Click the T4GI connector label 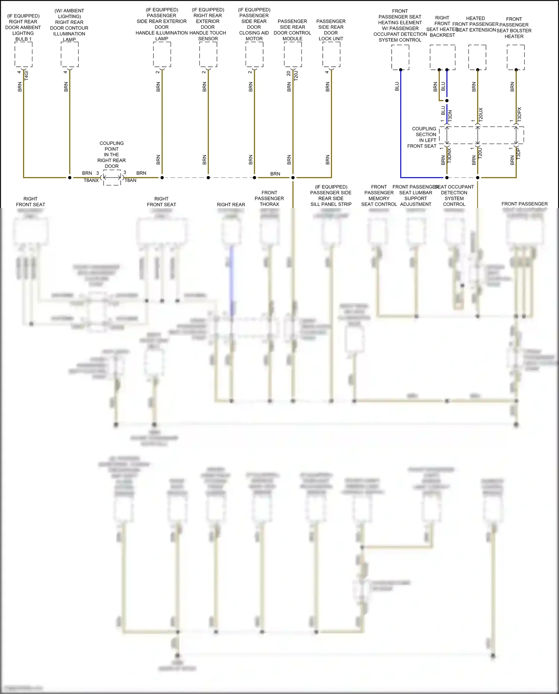pos(26,75)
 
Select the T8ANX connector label pos(91,180)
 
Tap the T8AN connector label pos(130,180)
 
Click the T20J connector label pos(296,76)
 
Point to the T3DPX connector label pos(519,114)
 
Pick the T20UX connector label pos(481,114)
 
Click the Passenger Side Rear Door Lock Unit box pos(331,54)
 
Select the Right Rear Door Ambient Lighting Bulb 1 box pos(23,54)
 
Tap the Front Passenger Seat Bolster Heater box pos(516,57)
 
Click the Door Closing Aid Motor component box pos(255,54)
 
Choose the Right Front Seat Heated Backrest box pos(443,57)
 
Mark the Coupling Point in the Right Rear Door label pos(111,155)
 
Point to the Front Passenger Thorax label pos(269,198)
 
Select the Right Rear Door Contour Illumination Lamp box pos(70,54)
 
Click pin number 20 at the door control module pos(288,73)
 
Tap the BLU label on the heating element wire pos(397,87)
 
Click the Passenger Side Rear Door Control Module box pos(293,54)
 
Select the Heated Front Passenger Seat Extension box pos(477,57)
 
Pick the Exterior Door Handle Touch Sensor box pos(208,54)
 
